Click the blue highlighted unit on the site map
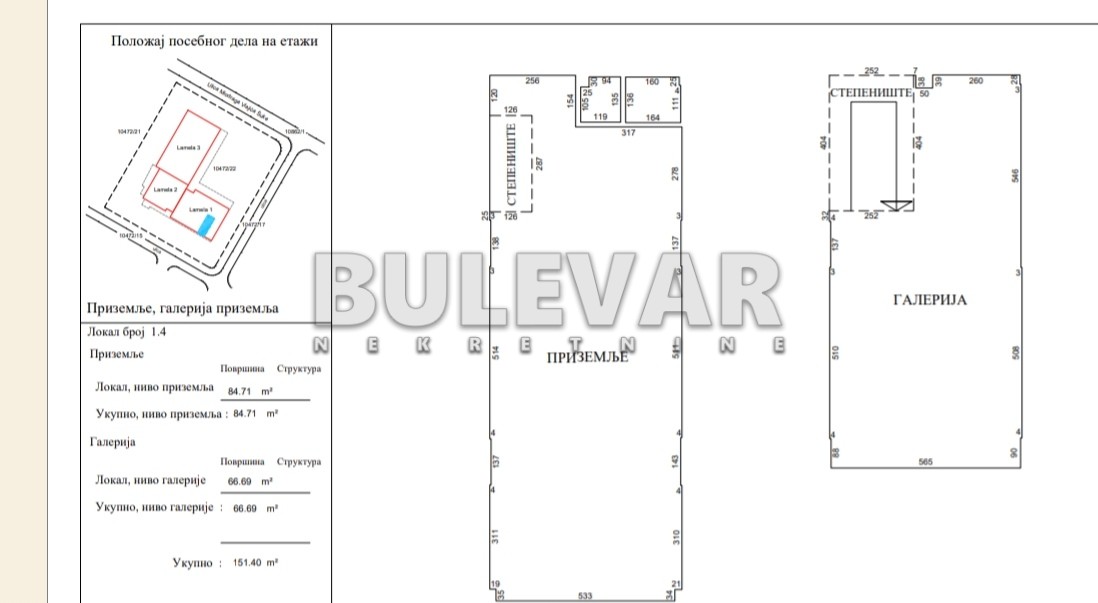click(206, 226)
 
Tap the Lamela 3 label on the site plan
click(189, 148)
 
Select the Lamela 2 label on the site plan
click(166, 189)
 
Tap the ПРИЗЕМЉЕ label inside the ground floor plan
click(586, 357)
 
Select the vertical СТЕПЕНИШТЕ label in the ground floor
click(511, 161)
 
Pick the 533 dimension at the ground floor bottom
click(586, 597)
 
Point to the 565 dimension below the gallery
click(925, 461)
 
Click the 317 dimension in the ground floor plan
click(629, 132)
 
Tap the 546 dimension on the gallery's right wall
click(1015, 176)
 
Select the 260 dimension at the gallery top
click(976, 80)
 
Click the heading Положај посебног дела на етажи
click(215, 42)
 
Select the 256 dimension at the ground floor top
click(533, 80)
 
